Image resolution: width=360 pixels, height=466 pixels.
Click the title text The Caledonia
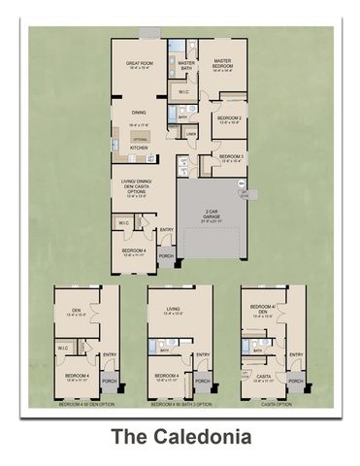click(x=180, y=437)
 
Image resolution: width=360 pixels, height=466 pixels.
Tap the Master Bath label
click(x=188, y=65)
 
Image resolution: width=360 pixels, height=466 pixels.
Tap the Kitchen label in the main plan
click(x=139, y=148)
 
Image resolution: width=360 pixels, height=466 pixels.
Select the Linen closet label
click(x=191, y=134)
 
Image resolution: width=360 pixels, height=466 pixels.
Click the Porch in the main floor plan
click(x=167, y=257)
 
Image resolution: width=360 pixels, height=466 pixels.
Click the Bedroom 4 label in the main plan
click(x=133, y=250)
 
